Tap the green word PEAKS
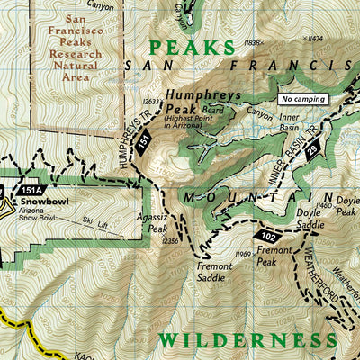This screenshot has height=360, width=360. pos(191,47)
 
